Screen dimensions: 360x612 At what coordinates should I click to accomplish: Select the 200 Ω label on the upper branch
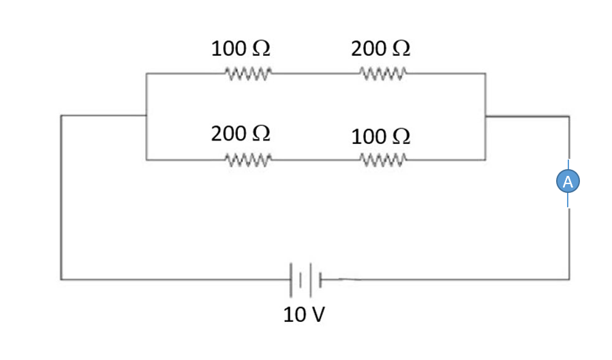(380, 49)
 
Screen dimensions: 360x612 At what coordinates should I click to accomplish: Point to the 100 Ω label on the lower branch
(380, 136)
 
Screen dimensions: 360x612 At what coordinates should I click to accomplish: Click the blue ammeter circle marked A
(568, 181)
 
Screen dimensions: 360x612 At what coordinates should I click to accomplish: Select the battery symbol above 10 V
(305, 279)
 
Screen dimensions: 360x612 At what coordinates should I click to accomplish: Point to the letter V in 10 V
(318, 315)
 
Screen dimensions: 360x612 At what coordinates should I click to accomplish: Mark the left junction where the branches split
(147, 116)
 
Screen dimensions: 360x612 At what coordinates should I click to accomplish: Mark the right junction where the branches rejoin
(485, 117)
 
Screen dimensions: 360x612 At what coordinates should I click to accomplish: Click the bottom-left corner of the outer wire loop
(61, 279)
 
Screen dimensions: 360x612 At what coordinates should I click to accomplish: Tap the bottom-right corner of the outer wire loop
(569, 279)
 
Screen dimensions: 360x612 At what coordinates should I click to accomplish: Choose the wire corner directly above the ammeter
(569, 117)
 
